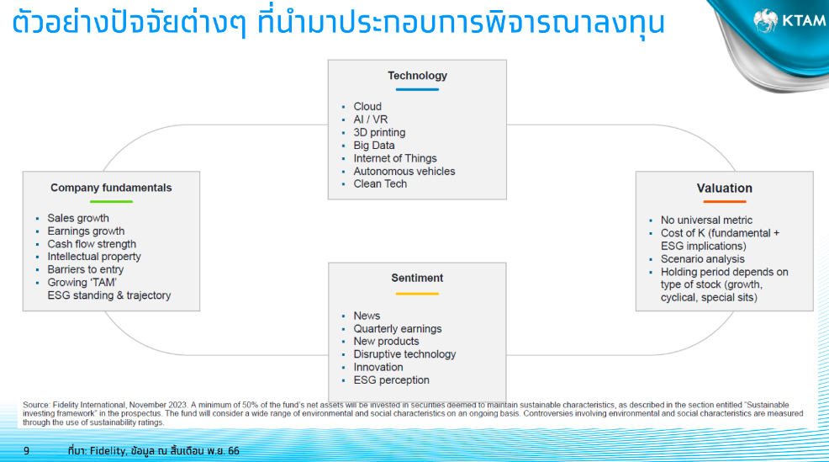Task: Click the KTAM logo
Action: click(x=789, y=21)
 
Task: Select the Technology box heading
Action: click(x=417, y=76)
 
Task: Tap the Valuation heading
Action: click(x=724, y=189)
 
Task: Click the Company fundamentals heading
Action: click(x=111, y=188)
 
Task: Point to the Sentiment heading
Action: click(x=417, y=278)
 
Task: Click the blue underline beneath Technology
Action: click(x=417, y=89)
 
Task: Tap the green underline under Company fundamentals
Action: click(x=111, y=202)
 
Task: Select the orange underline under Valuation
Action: click(x=724, y=202)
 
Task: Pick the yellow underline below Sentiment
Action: click(x=417, y=294)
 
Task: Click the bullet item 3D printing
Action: click(x=379, y=133)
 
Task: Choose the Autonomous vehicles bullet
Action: click(x=404, y=172)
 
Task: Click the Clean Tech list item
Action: click(x=380, y=184)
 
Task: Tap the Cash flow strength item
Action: click(x=92, y=244)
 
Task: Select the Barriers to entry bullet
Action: click(x=86, y=269)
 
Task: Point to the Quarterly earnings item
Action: click(x=398, y=329)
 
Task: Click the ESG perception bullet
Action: click(x=391, y=380)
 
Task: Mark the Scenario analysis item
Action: click(x=703, y=259)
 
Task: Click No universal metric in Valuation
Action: click(x=706, y=220)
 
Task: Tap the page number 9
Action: click(x=26, y=451)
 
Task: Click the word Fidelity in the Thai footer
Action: click(x=108, y=451)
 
